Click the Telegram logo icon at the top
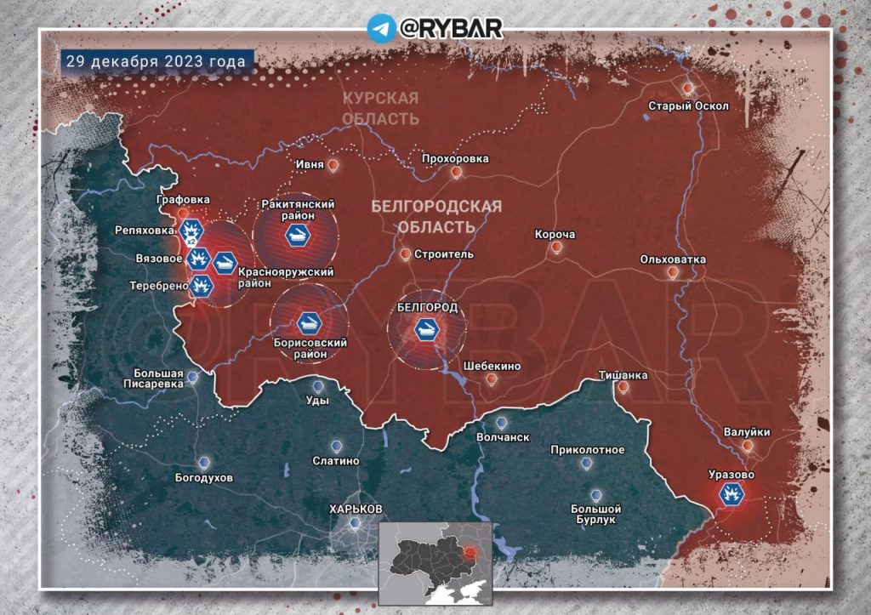tap(381, 27)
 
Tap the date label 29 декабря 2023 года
tap(157, 61)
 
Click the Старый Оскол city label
tap(688, 105)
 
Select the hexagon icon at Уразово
tap(730, 494)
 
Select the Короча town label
tap(555, 234)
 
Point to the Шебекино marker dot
tap(489, 379)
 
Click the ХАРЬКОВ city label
tap(356, 509)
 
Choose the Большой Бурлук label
tap(595, 514)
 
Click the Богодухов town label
tap(203, 477)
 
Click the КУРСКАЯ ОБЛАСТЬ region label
tap(380, 108)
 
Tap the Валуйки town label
tap(747, 432)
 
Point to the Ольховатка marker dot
tap(673, 273)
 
